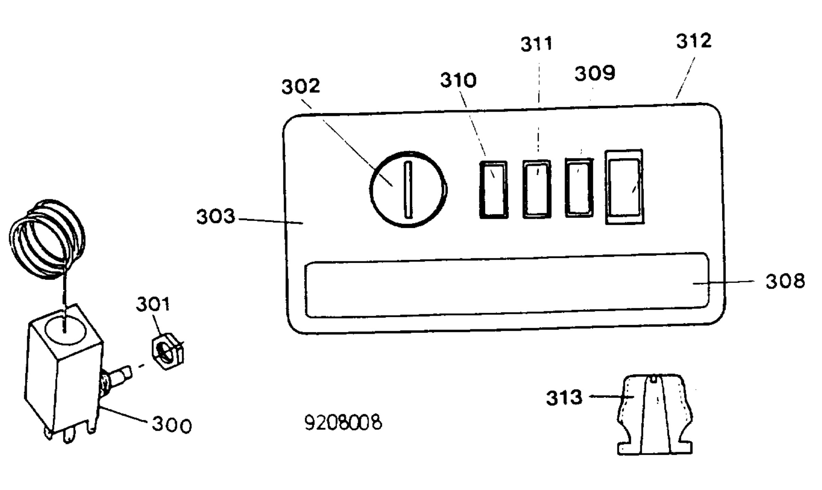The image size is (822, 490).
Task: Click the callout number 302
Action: click(x=301, y=86)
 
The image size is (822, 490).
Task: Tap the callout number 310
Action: click(x=458, y=80)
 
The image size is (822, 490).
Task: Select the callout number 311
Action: click(x=537, y=44)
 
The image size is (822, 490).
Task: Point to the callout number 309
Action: click(x=595, y=73)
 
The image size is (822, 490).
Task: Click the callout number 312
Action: click(x=694, y=41)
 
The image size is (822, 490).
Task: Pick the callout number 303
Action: click(x=216, y=217)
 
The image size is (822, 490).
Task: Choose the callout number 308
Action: click(x=785, y=281)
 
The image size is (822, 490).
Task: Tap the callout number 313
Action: click(x=564, y=398)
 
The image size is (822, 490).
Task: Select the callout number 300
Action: click(x=172, y=425)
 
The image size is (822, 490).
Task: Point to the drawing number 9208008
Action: click(x=343, y=423)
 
